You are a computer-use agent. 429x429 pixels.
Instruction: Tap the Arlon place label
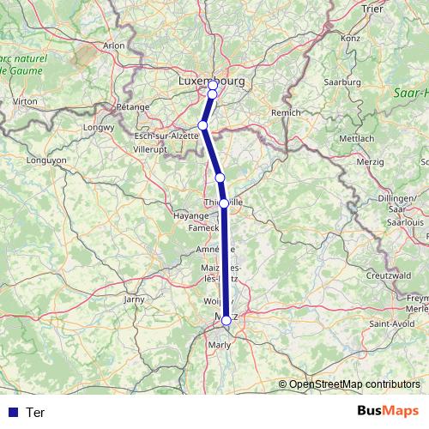coord(113,45)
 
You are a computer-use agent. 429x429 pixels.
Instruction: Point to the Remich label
coord(287,112)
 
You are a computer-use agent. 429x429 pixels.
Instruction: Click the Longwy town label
coord(100,129)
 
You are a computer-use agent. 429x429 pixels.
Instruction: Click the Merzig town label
coord(370,161)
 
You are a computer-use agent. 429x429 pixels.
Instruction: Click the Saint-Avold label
coord(388,323)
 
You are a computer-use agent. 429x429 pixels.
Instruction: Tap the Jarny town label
coord(135,299)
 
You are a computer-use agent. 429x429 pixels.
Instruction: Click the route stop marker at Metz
coord(227,320)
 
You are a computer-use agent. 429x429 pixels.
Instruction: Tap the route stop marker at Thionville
coord(224,203)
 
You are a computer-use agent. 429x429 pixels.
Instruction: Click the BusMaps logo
coord(384,412)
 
